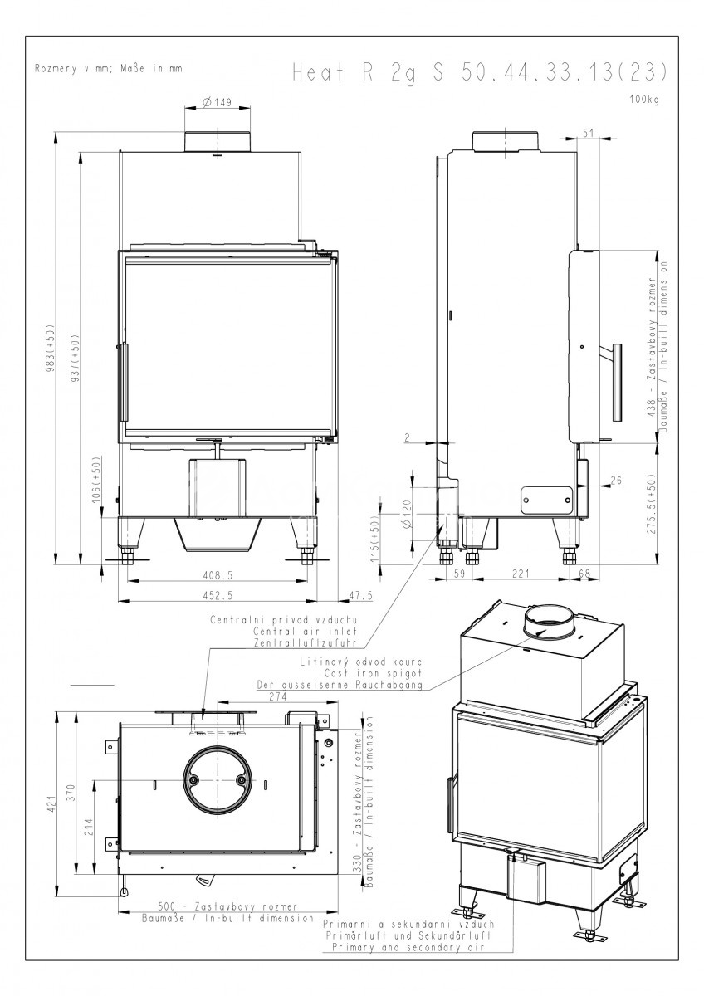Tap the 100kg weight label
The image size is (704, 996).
[x=644, y=100]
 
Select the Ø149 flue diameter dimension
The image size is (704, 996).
[x=217, y=102]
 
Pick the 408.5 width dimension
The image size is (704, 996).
[x=218, y=575]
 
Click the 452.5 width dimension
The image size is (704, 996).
[x=218, y=595]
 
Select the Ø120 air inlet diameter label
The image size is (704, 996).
[x=408, y=514]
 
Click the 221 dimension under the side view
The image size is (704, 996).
[x=521, y=574]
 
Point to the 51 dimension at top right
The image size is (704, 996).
[x=588, y=133]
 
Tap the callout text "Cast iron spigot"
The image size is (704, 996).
[x=373, y=673]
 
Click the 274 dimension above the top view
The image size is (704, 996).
[x=278, y=696]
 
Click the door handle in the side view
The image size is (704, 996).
[x=614, y=383]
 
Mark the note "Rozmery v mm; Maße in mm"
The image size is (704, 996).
[x=109, y=69]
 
